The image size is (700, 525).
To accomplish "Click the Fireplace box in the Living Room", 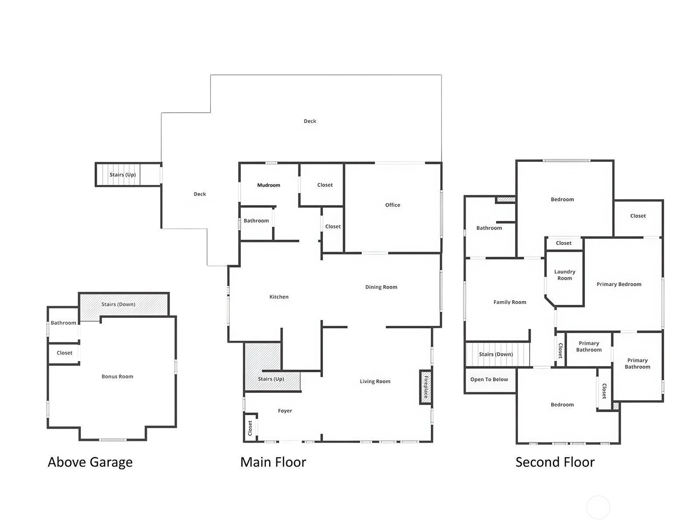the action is point(425,387).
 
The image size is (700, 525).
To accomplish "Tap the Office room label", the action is point(392,205).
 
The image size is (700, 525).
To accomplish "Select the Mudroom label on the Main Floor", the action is point(269,185).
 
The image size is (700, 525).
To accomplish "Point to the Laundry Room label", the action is point(564,275).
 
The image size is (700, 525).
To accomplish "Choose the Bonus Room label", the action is point(117,376).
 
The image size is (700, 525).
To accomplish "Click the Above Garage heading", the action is point(90,462).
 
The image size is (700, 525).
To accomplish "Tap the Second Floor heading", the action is point(555,462).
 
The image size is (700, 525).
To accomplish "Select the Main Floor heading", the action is point(273,462).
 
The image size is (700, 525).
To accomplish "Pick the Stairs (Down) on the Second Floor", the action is point(497,354).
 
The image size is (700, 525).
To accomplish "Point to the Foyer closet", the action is point(250,427).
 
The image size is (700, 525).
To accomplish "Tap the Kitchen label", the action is point(279,297).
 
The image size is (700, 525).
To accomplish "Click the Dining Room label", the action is point(381,287).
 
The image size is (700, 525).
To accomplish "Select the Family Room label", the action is point(510,302).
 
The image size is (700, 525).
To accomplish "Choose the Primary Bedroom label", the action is point(619,284).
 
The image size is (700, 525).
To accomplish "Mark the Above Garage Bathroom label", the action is point(63,323).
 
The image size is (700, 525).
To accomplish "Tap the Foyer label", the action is point(285,411).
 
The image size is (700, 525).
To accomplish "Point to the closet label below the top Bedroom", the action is point(563,243).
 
